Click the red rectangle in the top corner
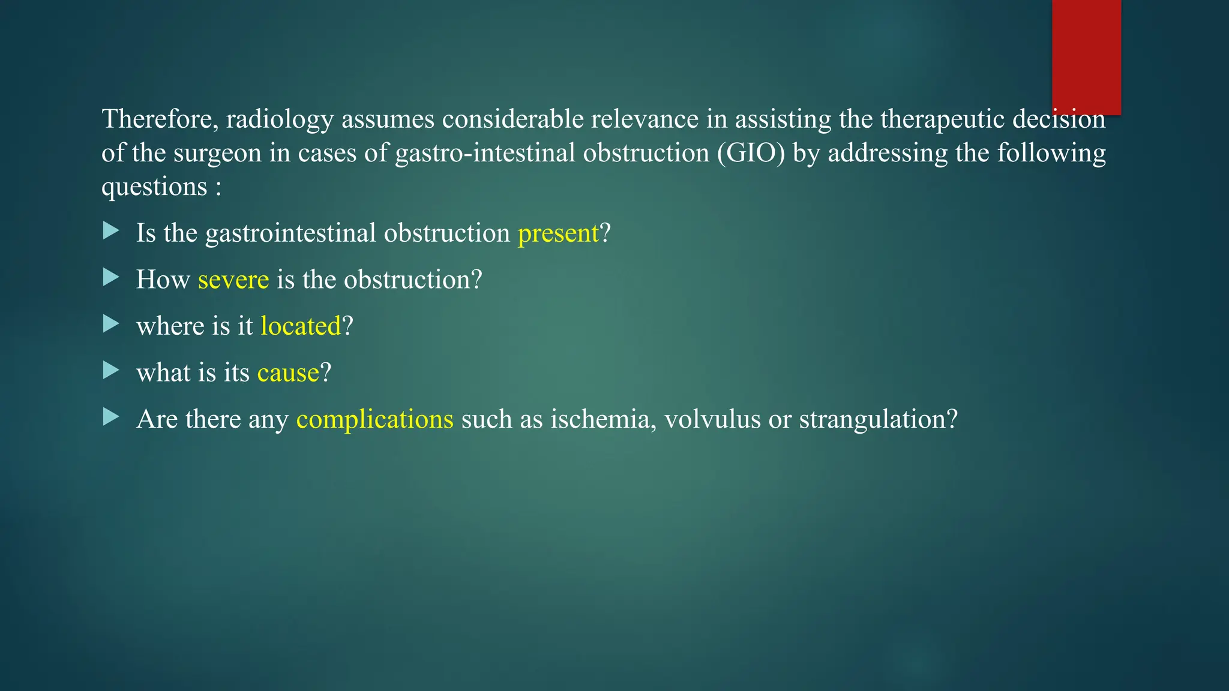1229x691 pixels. [x=1086, y=57]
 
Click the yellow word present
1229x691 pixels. [x=558, y=233]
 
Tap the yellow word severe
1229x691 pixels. [x=233, y=280]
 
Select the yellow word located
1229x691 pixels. [x=301, y=326]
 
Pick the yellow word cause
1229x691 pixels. [x=288, y=373]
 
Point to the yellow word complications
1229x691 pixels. [x=375, y=419]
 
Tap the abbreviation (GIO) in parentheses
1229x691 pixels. [x=751, y=153]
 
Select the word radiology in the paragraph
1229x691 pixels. [x=280, y=119]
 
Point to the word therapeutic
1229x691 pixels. [x=942, y=119]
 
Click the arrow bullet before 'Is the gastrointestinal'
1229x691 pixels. [x=111, y=231]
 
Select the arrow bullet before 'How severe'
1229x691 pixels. [x=111, y=277]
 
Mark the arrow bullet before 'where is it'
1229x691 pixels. [x=111, y=324]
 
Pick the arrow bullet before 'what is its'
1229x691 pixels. [x=111, y=370]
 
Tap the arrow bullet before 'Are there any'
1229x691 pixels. [x=111, y=417]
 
